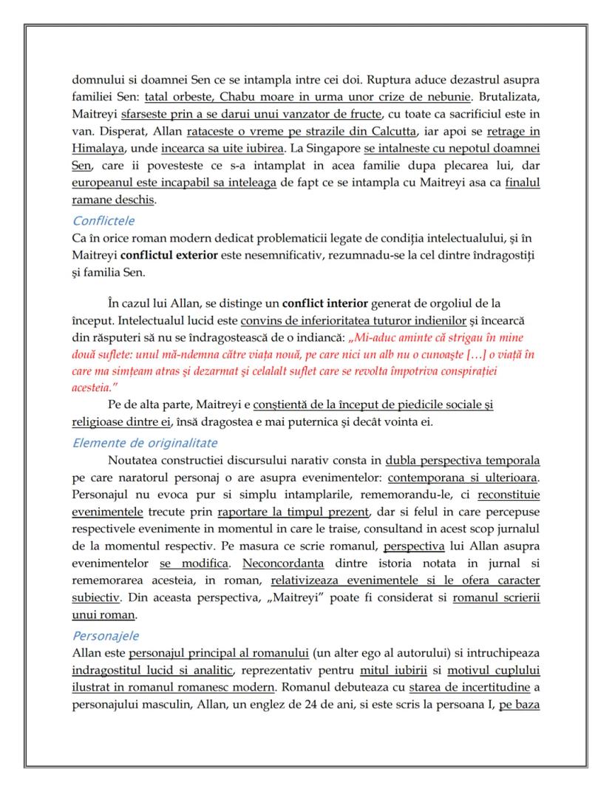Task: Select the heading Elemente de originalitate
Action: click(x=144, y=443)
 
